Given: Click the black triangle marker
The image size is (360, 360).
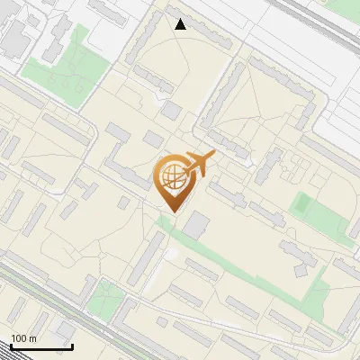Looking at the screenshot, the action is coord(181,24).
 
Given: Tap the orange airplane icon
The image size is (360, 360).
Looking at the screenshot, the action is coord(200,164).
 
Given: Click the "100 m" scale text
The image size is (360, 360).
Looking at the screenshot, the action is coord(23,338).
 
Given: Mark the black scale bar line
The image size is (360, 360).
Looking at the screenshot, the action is coord(41,346).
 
